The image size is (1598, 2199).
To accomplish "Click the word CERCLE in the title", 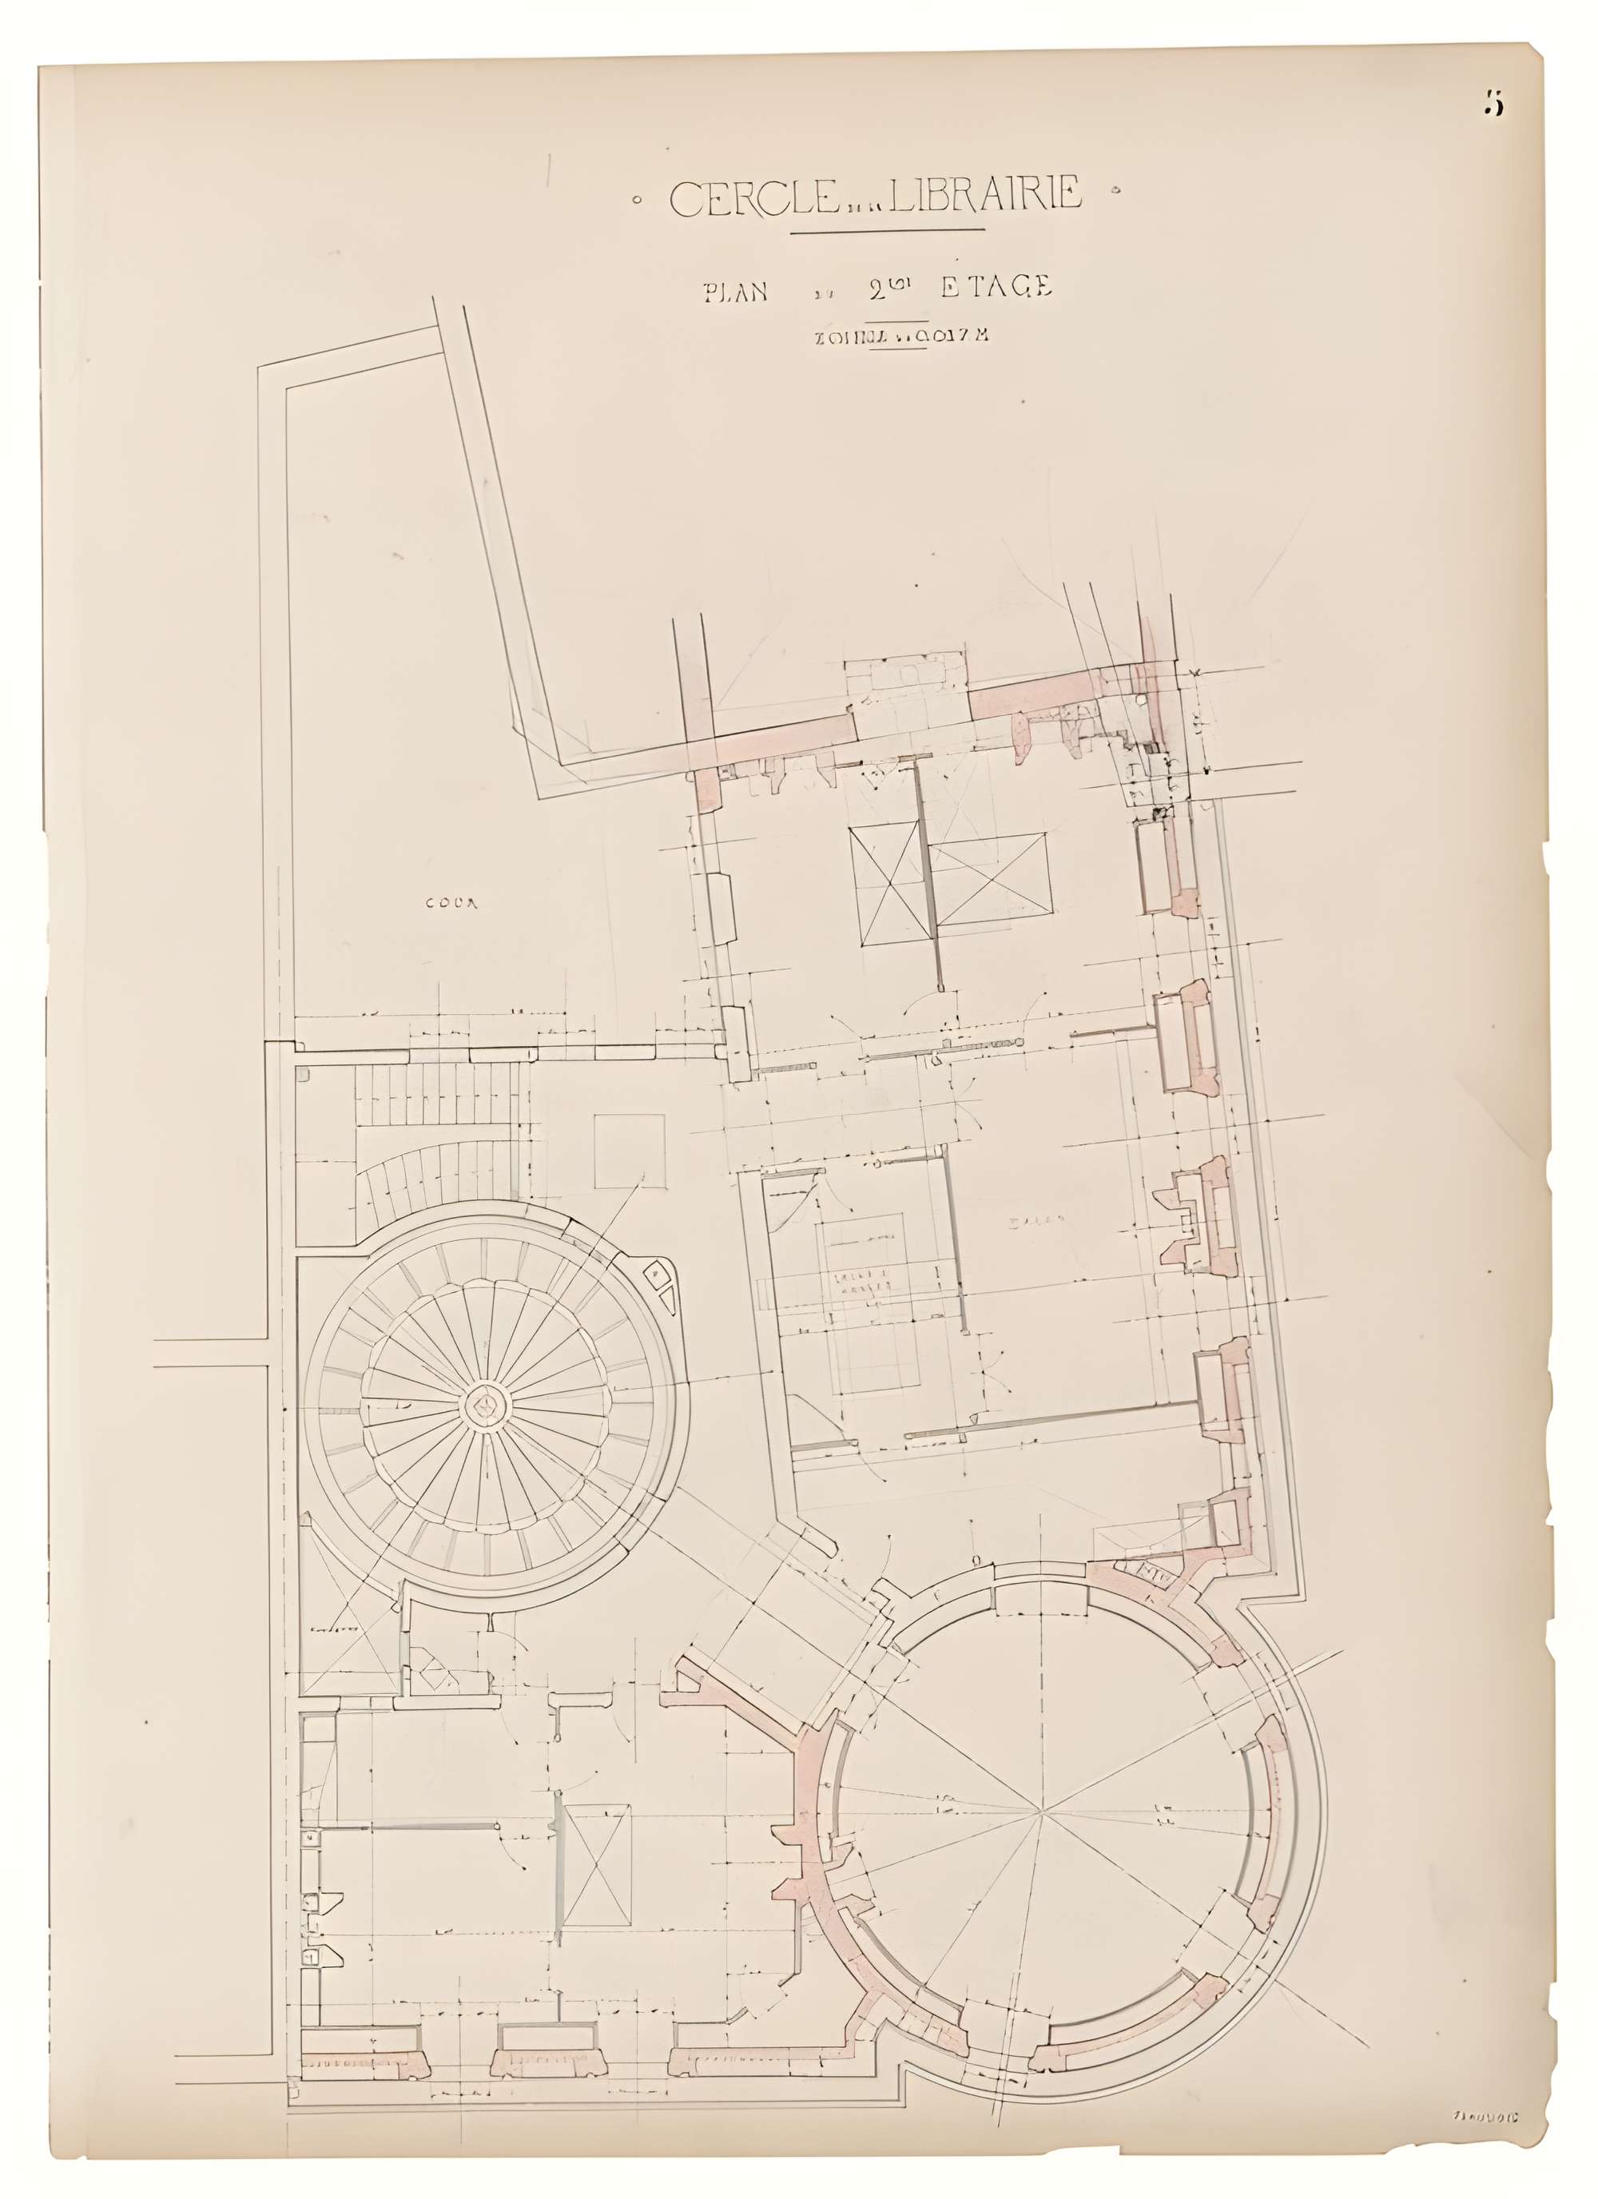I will click(753, 198).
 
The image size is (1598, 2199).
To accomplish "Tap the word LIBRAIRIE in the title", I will click(985, 196).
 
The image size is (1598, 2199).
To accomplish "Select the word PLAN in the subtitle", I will click(735, 291).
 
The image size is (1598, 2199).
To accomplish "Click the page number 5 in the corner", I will click(1493, 104).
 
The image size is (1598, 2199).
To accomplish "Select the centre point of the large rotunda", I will click(1043, 1808).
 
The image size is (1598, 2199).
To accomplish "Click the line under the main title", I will click(887, 231).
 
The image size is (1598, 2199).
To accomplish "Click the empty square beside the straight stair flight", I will click(630, 1151).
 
